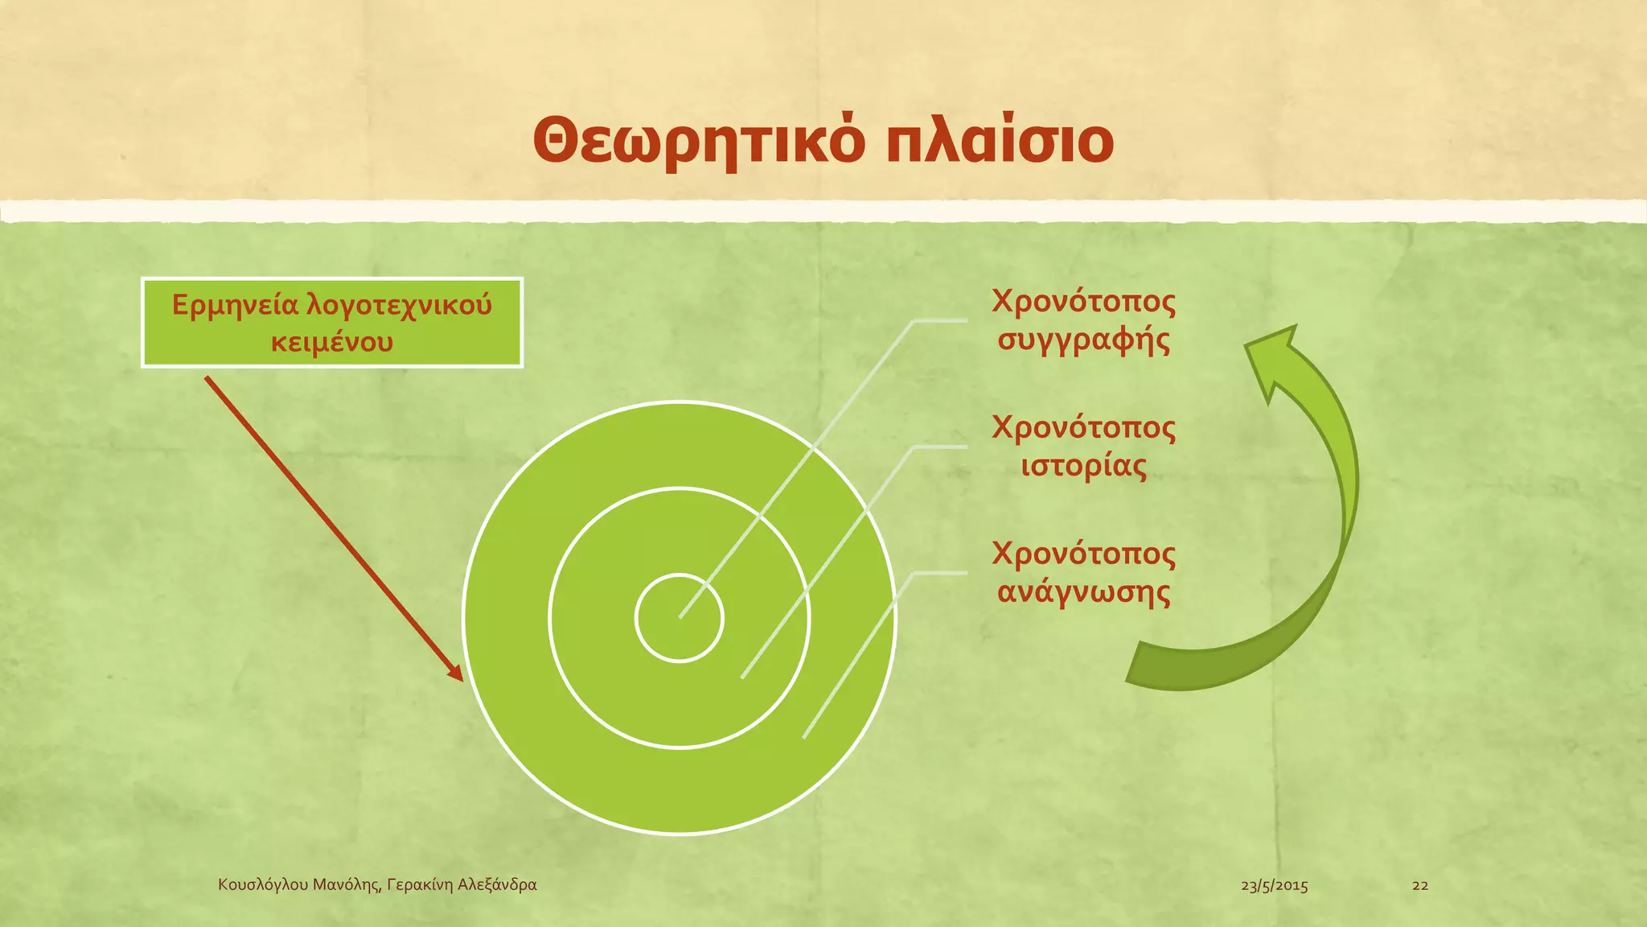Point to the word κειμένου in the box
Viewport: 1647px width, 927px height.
click(332, 342)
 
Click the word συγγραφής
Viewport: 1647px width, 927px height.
click(1083, 340)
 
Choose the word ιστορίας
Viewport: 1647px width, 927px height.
click(1083, 466)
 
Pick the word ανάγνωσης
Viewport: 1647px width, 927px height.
click(1083, 592)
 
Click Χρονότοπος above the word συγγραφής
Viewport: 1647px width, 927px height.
click(1083, 301)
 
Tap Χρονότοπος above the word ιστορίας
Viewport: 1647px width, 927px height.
click(1083, 427)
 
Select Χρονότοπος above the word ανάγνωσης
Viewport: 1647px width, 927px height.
click(1083, 554)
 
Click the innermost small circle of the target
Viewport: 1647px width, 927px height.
click(680, 618)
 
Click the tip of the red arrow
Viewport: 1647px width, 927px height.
click(460, 678)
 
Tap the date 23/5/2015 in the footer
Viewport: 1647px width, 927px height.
click(1274, 886)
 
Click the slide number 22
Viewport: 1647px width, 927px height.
click(1420, 886)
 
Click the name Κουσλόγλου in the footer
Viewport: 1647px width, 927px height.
click(263, 885)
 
